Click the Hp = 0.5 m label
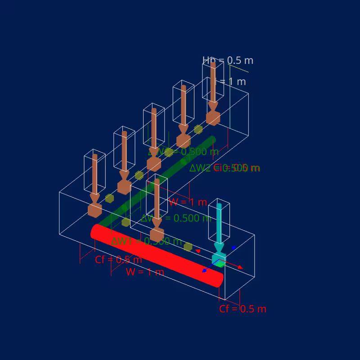coord(228,60)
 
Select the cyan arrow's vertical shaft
coord(219,223)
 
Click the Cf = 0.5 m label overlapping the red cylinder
coord(118,260)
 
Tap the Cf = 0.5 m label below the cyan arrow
coord(243,309)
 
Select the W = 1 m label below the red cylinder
coord(145,272)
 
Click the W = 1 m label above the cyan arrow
coord(188,202)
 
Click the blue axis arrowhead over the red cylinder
coord(205,270)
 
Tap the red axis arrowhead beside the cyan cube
coord(240,267)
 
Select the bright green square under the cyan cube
coord(220,264)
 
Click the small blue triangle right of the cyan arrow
coord(234,247)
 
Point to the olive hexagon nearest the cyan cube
coord(188,247)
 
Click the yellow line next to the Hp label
coord(238,68)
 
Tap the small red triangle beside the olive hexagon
coord(198,251)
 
